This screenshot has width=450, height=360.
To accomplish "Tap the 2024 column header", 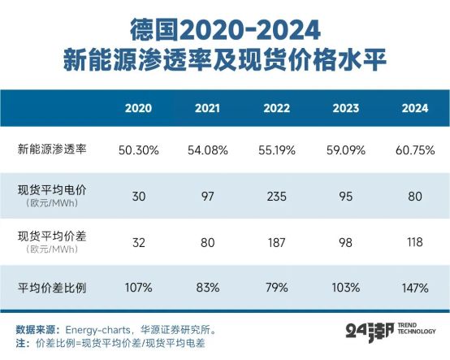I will [416, 108].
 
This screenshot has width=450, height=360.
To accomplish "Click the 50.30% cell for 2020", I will [139, 150].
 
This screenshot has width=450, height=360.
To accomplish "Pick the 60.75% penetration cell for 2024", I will [416, 150].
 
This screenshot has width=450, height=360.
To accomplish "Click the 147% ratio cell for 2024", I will [416, 287].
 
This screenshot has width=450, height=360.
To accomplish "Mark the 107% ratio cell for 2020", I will [139, 287].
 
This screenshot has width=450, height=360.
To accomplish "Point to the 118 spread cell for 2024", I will [416, 242].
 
